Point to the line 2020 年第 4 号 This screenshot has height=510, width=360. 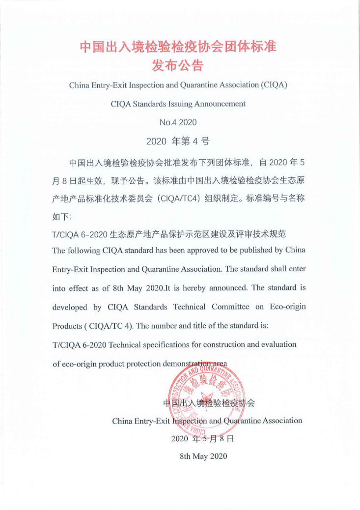(178, 142)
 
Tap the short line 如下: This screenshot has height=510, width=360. (62, 216)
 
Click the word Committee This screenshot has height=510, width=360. (230, 307)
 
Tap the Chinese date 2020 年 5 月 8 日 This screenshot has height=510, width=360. (202, 438)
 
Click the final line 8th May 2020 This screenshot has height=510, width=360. (203, 456)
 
